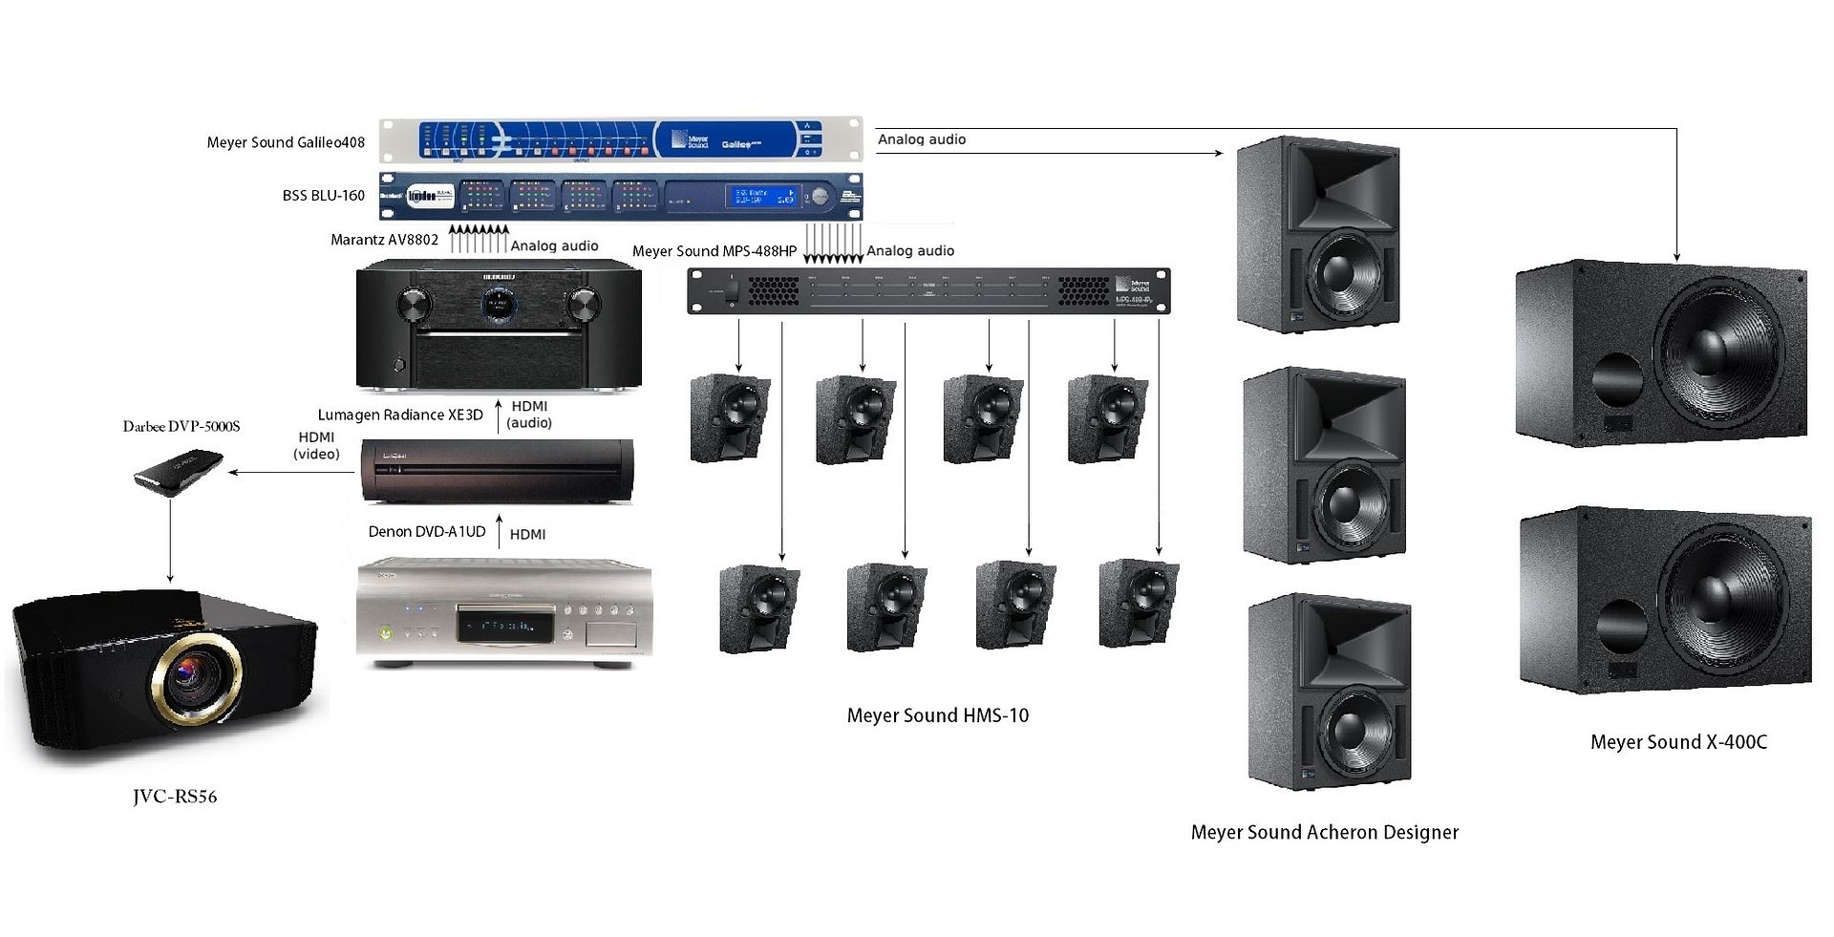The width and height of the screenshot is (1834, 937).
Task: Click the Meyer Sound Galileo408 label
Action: pyautogui.click(x=286, y=142)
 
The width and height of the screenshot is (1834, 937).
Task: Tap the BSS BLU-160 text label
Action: pyautogui.click(x=323, y=195)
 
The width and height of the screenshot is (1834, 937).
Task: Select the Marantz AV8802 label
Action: pyautogui.click(x=384, y=240)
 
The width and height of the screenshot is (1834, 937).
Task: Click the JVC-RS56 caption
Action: pyautogui.click(x=175, y=797)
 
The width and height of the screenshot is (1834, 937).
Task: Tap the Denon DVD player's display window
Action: pyautogui.click(x=497, y=626)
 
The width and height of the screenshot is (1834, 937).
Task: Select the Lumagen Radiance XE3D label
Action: pyautogui.click(x=400, y=415)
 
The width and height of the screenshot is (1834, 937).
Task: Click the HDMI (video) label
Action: pyautogui.click(x=316, y=445)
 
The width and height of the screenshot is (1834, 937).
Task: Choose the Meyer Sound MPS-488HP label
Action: pyautogui.click(x=714, y=251)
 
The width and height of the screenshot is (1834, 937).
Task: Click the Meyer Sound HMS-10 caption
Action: pyautogui.click(x=937, y=715)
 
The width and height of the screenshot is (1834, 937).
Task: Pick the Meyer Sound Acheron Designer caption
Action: pyautogui.click(x=1324, y=832)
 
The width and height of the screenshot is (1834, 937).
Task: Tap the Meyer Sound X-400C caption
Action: pyautogui.click(x=1678, y=742)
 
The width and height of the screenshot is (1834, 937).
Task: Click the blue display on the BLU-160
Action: pyautogui.click(x=762, y=197)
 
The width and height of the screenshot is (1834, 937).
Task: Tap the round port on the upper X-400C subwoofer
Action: pyautogui.click(x=1618, y=379)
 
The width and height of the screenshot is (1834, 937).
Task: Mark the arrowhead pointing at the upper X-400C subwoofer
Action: pyautogui.click(x=1676, y=256)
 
